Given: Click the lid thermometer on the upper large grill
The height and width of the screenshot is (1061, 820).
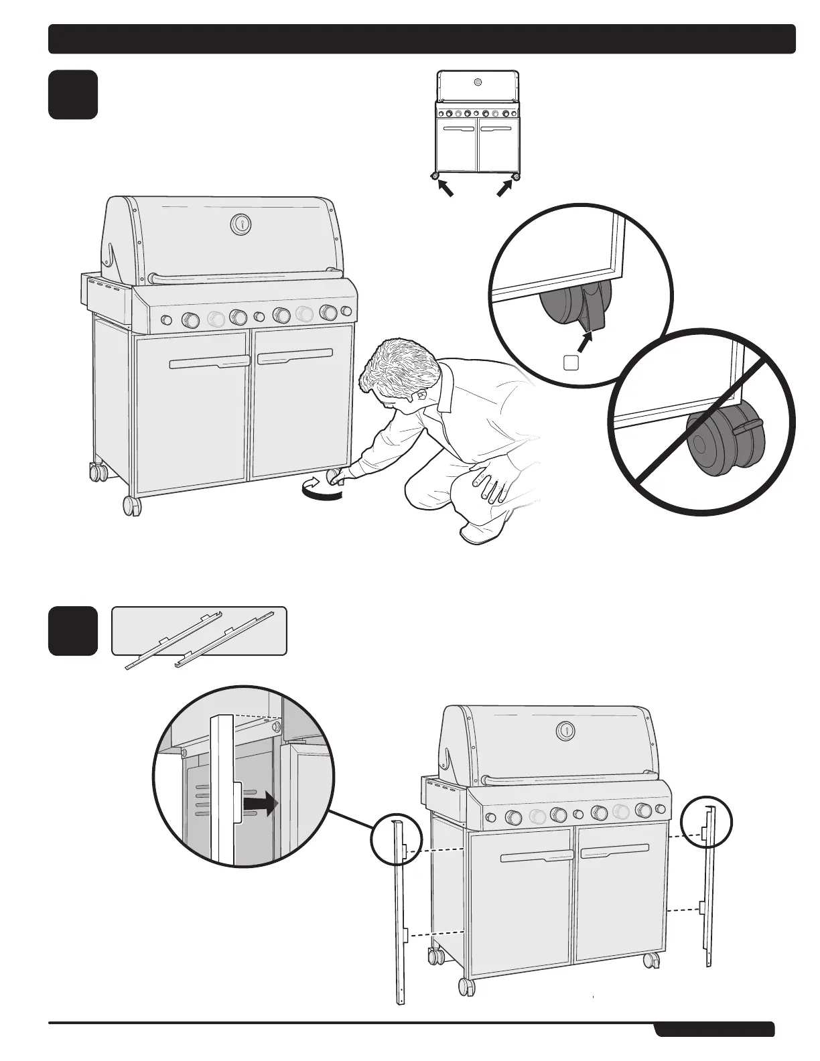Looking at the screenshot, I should tap(241, 224).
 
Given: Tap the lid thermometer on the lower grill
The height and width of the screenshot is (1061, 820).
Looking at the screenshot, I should tap(567, 730).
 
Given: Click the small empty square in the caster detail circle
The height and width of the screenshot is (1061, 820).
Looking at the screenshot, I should tap(571, 362).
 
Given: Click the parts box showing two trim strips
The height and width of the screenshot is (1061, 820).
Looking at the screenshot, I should tap(199, 632).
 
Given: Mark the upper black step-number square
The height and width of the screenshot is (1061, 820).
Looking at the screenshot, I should tap(73, 94).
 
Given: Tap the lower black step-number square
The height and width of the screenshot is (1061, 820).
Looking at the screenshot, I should tap(73, 631).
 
